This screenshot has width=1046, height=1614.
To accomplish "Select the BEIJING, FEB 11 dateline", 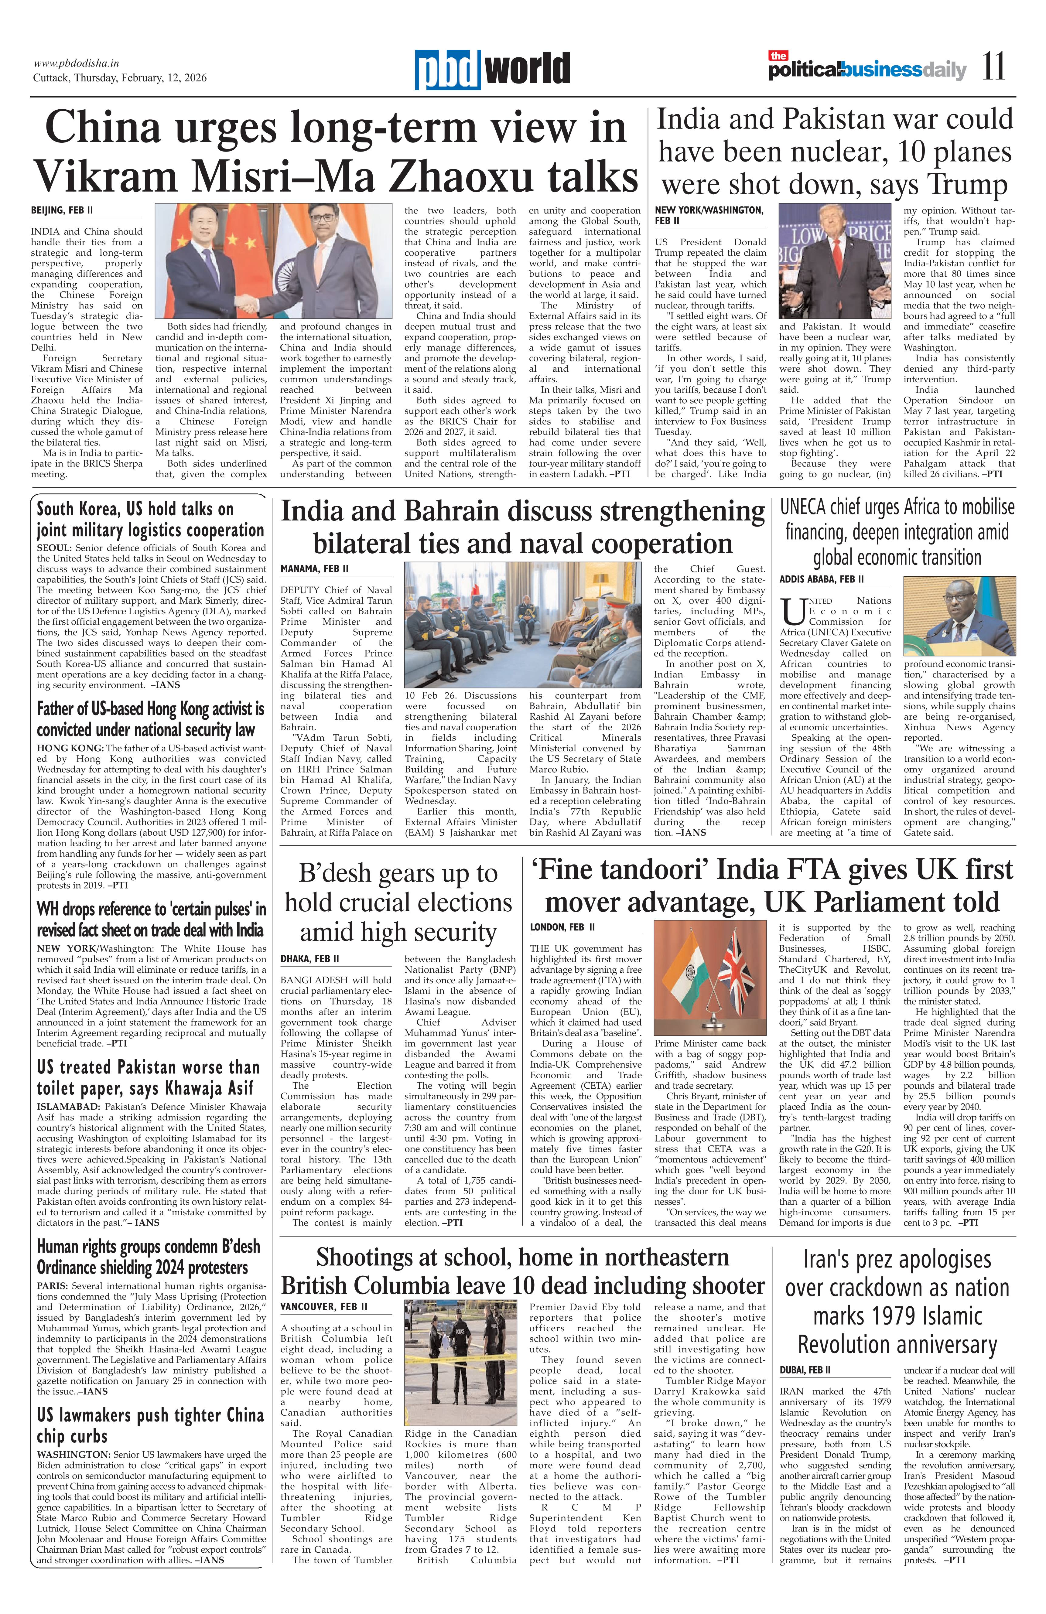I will (62, 211).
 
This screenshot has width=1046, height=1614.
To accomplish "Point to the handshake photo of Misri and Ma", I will (273, 261).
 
